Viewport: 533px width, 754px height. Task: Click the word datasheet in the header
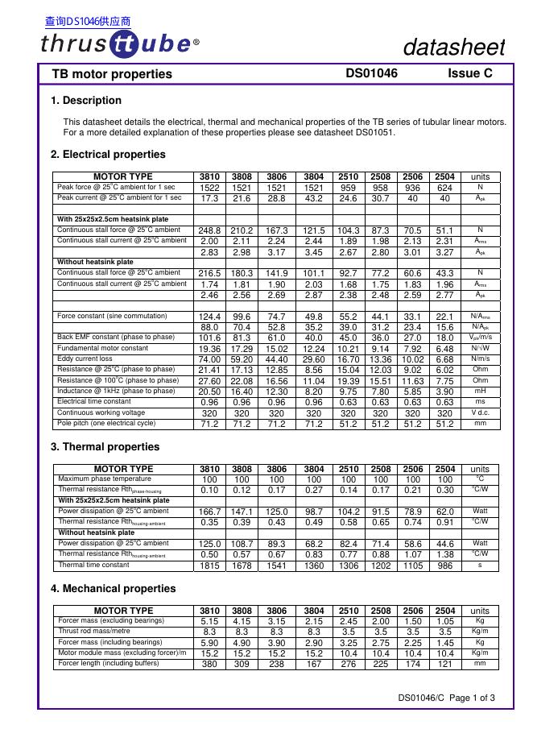coord(455,48)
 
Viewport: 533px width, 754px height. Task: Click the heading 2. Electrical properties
coord(108,154)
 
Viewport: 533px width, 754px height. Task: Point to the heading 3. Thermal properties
coord(105,446)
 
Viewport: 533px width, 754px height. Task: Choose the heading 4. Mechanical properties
coord(113,589)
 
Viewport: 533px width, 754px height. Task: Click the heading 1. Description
coord(86,101)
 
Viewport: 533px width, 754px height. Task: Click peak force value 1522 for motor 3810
coord(209,187)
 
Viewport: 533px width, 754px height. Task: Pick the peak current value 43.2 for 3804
coord(315,197)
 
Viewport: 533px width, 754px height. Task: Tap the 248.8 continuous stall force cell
coord(209,230)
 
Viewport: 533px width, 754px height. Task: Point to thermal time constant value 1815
coord(209,565)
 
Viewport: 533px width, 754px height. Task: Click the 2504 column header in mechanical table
coord(444,611)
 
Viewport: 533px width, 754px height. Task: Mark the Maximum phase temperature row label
coord(105,478)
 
